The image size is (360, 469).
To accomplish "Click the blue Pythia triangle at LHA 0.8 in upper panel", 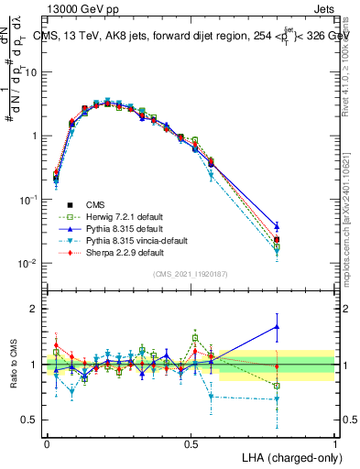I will click(277, 225).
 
